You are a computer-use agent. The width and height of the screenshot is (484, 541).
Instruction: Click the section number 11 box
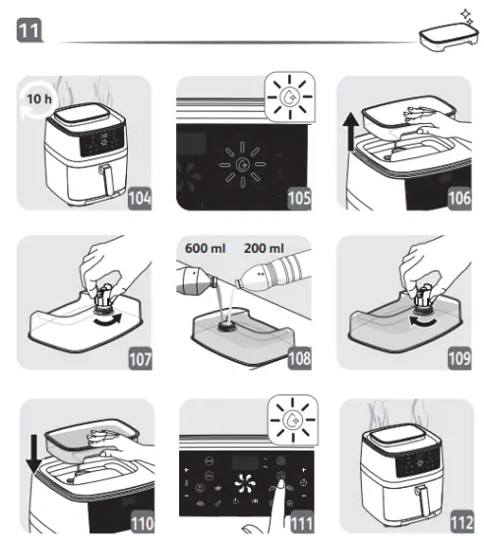(30, 31)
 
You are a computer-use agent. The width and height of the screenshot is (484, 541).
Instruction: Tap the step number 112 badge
(454, 518)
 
